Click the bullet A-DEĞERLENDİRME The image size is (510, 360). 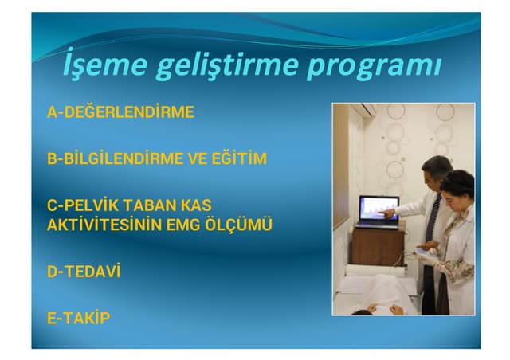[x=120, y=112]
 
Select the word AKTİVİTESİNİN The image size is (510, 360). [x=104, y=225]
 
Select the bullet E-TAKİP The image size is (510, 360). [x=79, y=319]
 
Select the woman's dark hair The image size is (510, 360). [x=457, y=185]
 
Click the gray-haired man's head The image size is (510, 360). [x=435, y=170]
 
